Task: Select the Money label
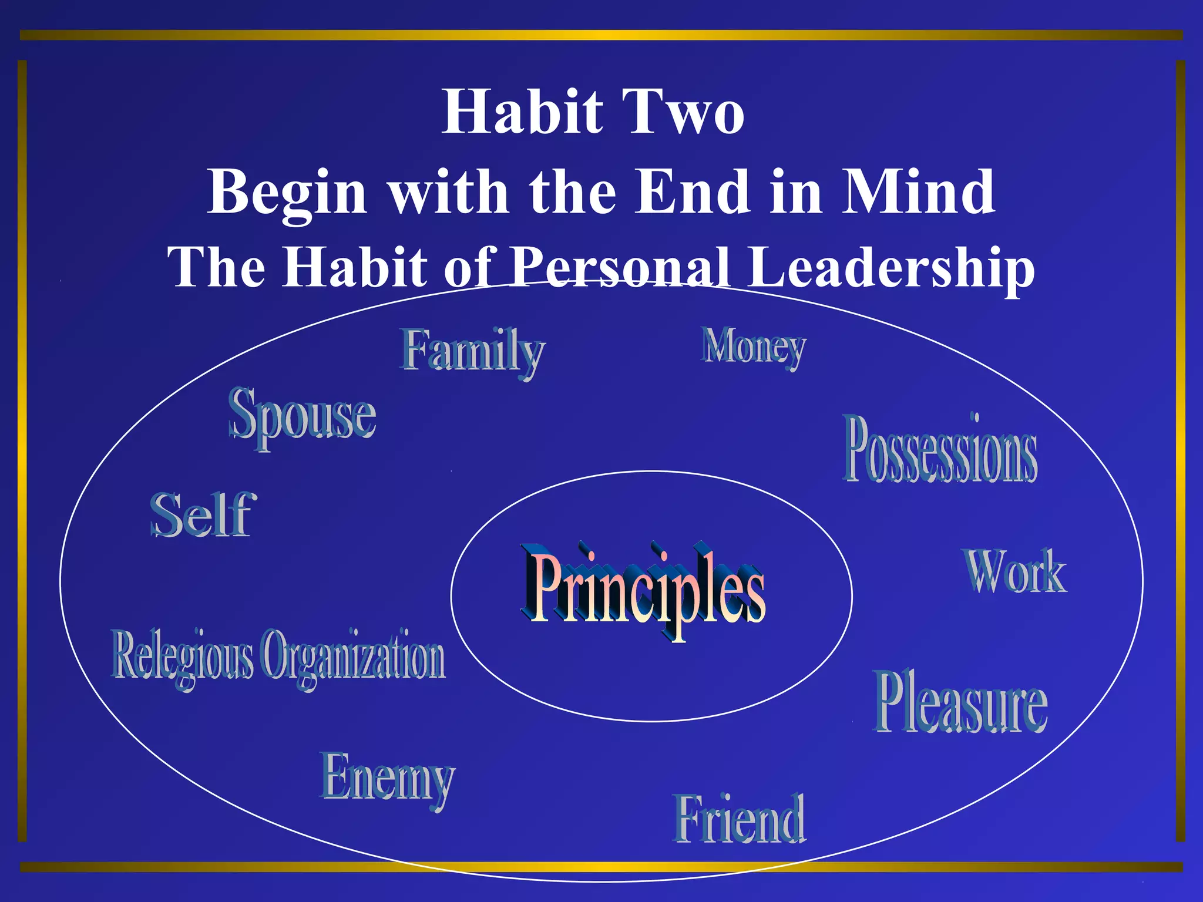click(x=753, y=348)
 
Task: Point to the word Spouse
click(x=303, y=416)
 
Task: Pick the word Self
click(x=203, y=515)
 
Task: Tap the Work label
click(x=1015, y=572)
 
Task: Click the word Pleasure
click(x=960, y=704)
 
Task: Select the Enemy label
click(x=388, y=778)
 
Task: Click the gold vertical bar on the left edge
click(x=22, y=451)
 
